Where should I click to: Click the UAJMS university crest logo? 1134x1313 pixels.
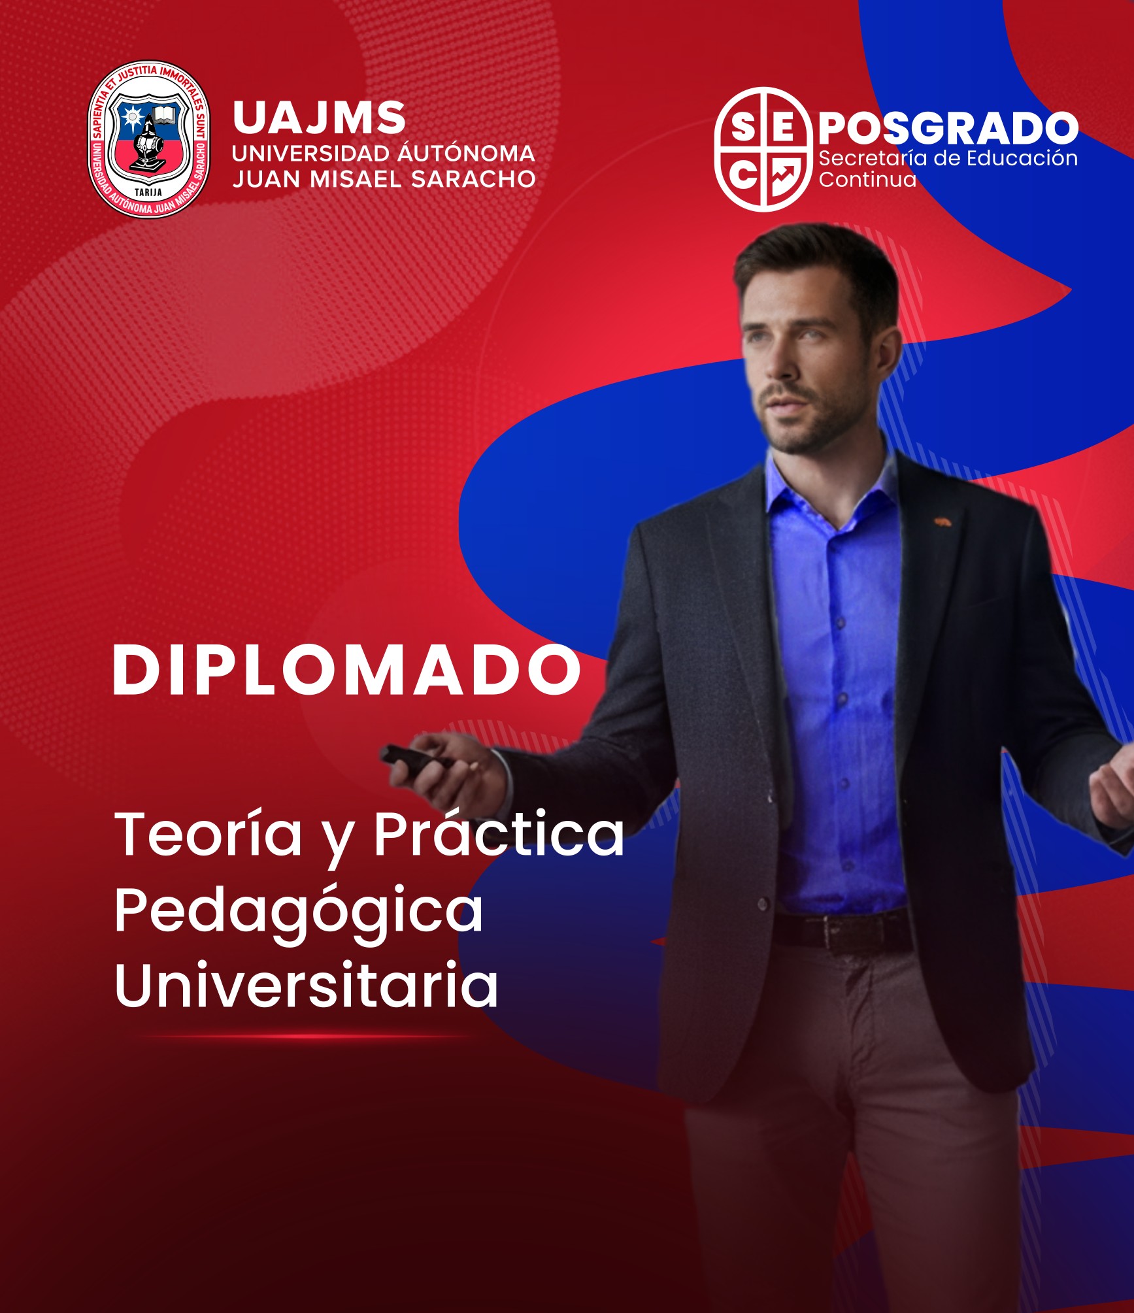149,139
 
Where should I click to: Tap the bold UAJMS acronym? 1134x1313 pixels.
319,118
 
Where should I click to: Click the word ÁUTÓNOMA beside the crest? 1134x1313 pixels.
467,153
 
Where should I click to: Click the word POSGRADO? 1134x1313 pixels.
948,127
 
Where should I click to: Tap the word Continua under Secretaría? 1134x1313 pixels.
867,179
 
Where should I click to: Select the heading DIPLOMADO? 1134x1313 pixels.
346,669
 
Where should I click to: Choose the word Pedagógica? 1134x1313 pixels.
299,912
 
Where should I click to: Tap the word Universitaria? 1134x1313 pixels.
306,985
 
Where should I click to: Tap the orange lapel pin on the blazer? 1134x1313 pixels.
942,522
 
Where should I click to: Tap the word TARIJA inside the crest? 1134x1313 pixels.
148,192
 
